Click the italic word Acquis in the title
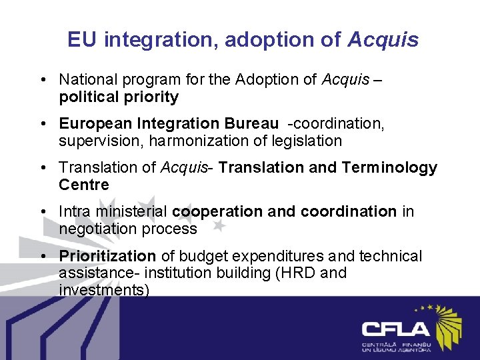coord(383,40)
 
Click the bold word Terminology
coord(389,168)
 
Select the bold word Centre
coord(83,185)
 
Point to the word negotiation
coord(101,229)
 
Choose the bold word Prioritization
coord(107,256)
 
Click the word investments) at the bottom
coord(104,290)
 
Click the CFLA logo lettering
coord(396,329)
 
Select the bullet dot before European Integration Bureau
coord(42,124)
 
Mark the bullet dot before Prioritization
coord(42,256)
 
